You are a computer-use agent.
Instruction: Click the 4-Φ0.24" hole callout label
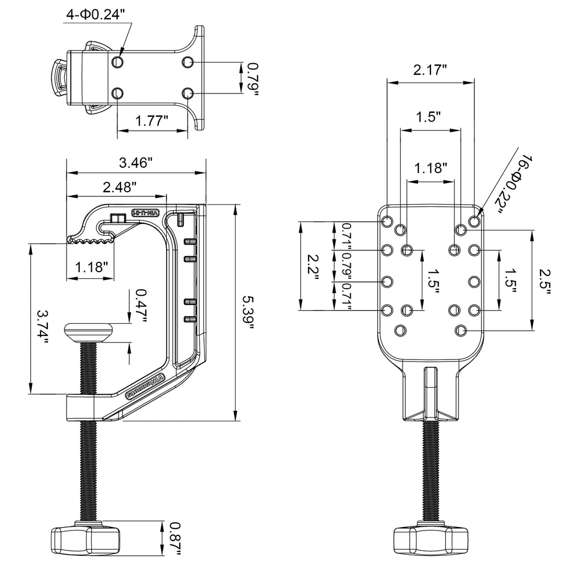(100, 14)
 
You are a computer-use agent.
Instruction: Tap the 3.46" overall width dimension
(135, 163)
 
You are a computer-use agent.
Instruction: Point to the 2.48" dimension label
(119, 187)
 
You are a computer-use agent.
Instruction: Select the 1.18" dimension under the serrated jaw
(91, 268)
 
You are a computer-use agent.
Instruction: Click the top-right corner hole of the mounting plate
(474, 222)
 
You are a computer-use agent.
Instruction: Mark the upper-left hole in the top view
(117, 63)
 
